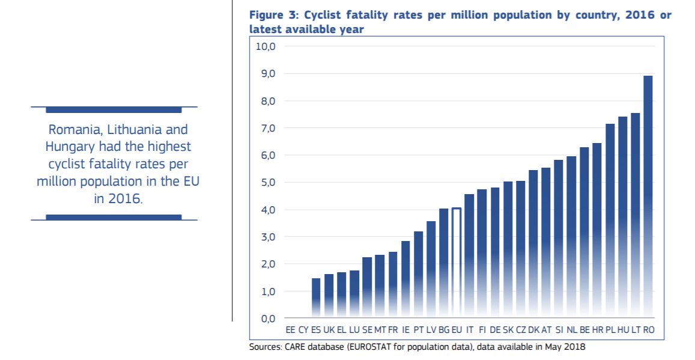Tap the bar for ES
pyautogui.click(x=316, y=297)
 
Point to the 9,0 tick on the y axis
pyautogui.click(x=266, y=74)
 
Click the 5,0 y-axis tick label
pyautogui.click(x=266, y=183)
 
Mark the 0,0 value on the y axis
pyautogui.click(x=266, y=319)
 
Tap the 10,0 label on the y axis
pyautogui.click(x=264, y=47)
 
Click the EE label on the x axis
pyautogui.click(x=291, y=330)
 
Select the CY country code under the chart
pyautogui.click(x=303, y=330)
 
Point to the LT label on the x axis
pyautogui.click(x=636, y=330)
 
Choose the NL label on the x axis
pyautogui.click(x=572, y=330)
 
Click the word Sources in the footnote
pyautogui.click(x=264, y=347)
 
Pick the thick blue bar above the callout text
pyautogui.click(x=114, y=110)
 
